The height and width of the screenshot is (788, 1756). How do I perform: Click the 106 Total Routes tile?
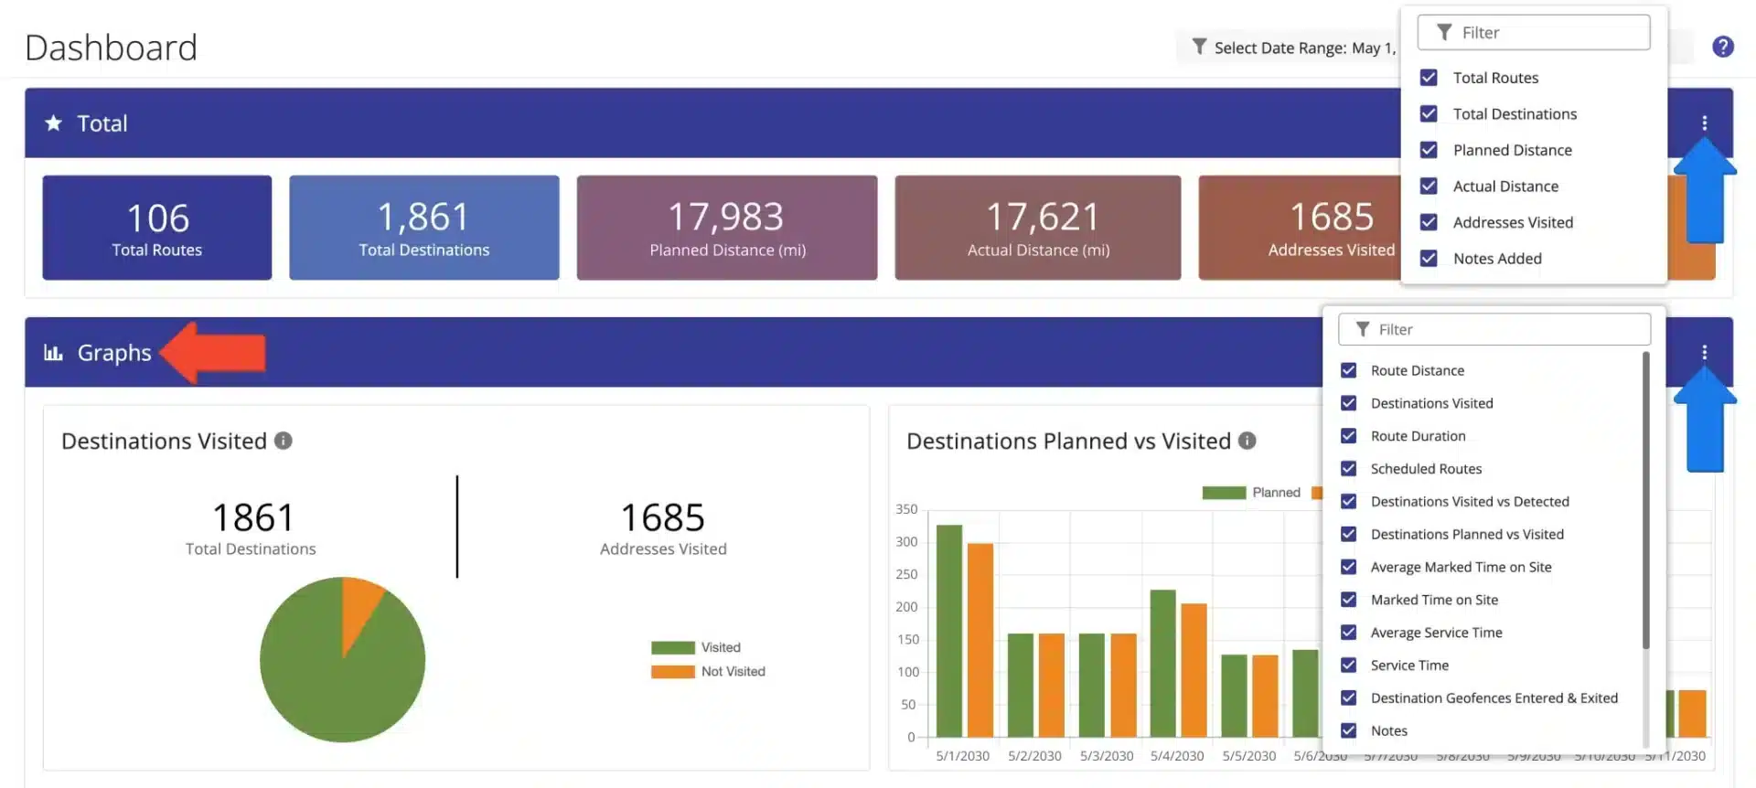coord(156,228)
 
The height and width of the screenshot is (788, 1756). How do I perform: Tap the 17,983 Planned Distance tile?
coord(726,228)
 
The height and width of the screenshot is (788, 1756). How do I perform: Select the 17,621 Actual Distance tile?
coord(1037,228)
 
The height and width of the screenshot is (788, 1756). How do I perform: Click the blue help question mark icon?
coord(1722,47)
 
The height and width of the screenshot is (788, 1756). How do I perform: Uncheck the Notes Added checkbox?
coord(1429,259)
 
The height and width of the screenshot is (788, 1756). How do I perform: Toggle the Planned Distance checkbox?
coord(1429,150)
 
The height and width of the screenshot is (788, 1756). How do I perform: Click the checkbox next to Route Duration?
coord(1348,436)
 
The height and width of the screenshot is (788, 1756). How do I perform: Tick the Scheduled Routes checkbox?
coord(1348,469)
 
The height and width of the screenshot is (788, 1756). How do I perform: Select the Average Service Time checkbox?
coord(1348,633)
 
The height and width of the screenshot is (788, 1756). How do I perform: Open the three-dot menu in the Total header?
coord(1704,122)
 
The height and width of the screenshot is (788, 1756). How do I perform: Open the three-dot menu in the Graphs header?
coord(1704,352)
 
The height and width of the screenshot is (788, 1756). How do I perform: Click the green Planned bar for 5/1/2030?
coord(949,631)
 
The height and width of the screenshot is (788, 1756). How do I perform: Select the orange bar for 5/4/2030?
coord(1194,669)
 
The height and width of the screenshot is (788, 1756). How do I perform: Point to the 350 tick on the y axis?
coord(906,509)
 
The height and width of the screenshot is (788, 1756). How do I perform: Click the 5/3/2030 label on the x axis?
coord(1106,756)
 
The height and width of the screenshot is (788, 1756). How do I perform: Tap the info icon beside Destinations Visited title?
coord(284,441)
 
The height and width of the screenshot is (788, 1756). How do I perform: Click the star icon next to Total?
coord(54,122)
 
